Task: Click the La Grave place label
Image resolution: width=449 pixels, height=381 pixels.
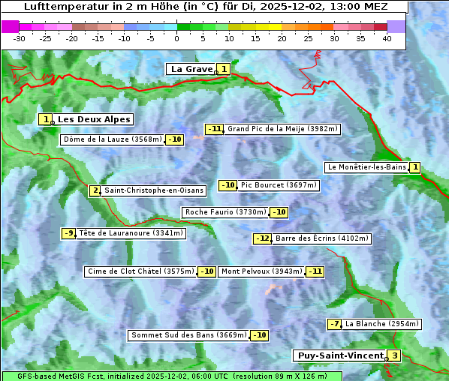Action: coord(191,69)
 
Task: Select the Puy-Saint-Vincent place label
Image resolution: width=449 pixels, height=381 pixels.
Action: coord(342,355)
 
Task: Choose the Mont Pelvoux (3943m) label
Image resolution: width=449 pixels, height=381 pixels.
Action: coord(261,271)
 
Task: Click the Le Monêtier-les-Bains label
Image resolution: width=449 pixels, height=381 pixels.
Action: coord(366,167)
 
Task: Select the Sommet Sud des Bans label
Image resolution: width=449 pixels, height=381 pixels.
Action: coord(188,335)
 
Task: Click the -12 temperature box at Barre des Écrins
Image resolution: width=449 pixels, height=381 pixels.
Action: coord(262,238)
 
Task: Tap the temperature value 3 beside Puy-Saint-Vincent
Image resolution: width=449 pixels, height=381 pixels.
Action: coord(395,355)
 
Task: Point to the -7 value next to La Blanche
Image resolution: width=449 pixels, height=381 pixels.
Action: coord(335,324)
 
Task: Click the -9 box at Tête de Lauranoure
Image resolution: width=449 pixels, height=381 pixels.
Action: coord(69,233)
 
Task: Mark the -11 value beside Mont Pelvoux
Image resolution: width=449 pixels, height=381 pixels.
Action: coord(315,271)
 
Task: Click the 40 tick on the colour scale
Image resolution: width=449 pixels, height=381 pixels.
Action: coord(387,38)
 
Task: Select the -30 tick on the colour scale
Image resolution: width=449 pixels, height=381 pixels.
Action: coord(20,38)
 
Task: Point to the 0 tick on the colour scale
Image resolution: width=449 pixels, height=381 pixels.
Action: coord(176,38)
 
